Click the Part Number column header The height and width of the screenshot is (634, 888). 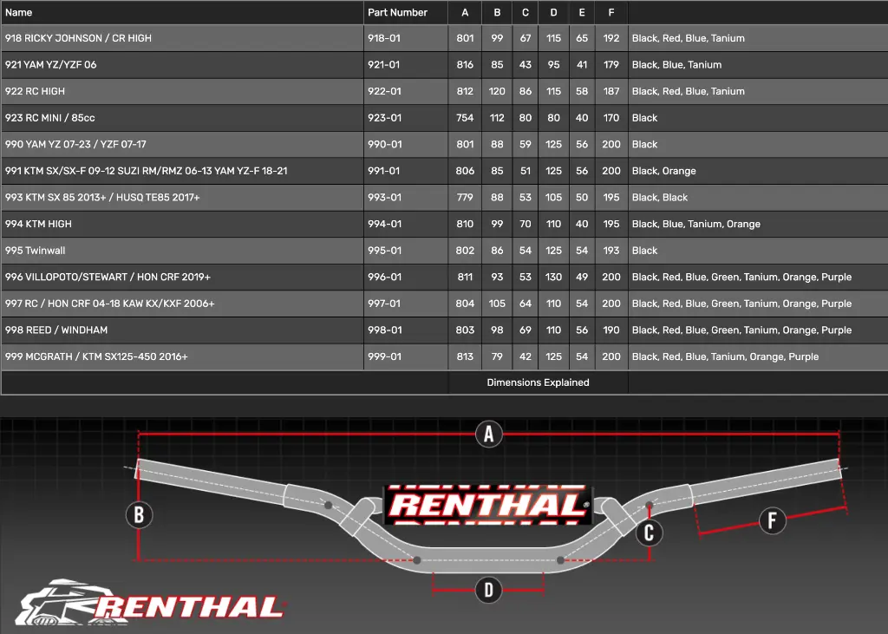[397, 12]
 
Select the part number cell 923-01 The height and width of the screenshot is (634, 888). [384, 118]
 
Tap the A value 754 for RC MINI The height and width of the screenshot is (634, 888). [465, 118]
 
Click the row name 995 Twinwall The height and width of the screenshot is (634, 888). [35, 251]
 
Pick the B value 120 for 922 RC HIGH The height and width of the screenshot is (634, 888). [497, 91]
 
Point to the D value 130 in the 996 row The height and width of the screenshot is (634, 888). [553, 277]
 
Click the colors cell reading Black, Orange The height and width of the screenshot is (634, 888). [663, 171]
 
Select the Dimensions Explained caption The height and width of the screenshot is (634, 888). [538, 382]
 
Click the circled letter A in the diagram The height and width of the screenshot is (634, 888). [489, 434]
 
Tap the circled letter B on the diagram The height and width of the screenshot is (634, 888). [139, 515]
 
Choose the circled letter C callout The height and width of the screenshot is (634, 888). [649, 533]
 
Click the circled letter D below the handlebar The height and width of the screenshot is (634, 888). [488, 590]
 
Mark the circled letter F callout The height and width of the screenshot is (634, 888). [772, 520]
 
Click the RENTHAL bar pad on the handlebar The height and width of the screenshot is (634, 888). [488, 505]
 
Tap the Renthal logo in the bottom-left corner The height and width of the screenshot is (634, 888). [150, 602]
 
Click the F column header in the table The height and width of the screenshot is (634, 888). [611, 12]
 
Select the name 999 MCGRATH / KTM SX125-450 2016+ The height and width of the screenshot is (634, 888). [96, 357]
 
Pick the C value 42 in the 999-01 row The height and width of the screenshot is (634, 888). [525, 357]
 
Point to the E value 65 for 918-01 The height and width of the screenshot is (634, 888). [582, 38]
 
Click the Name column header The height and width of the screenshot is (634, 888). [19, 12]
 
